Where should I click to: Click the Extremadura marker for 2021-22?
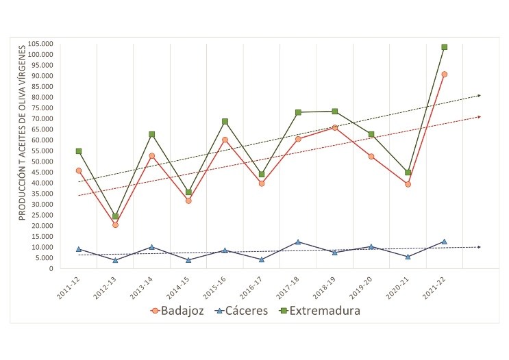(445, 47)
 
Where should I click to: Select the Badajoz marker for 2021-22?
(445, 74)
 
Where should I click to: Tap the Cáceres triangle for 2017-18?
(298, 242)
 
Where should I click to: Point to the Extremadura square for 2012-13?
(115, 216)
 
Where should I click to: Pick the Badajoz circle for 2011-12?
(79, 170)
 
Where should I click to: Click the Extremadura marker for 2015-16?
(225, 122)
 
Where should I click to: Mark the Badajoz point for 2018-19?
(335, 127)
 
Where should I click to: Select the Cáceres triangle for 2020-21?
(408, 257)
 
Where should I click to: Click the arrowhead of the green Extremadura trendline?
(479, 95)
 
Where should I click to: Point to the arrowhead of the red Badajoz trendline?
(479, 117)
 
